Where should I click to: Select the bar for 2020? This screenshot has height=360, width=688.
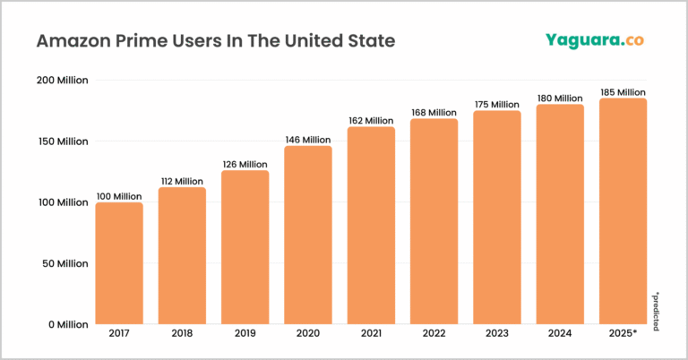(307, 235)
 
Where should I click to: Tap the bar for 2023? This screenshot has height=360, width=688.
(496, 217)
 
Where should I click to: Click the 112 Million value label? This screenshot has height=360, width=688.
(182, 181)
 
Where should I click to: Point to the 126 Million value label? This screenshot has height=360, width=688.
(245, 164)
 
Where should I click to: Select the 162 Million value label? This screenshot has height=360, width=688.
(371, 120)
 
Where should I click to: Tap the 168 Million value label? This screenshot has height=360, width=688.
(434, 112)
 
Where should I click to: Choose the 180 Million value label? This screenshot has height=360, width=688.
(560, 98)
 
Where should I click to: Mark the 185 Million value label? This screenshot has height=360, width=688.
(623, 92)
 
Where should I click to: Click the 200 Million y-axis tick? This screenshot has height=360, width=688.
(62, 81)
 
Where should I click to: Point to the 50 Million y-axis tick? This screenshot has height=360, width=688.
(64, 263)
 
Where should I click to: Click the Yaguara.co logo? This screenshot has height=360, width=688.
(595, 40)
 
